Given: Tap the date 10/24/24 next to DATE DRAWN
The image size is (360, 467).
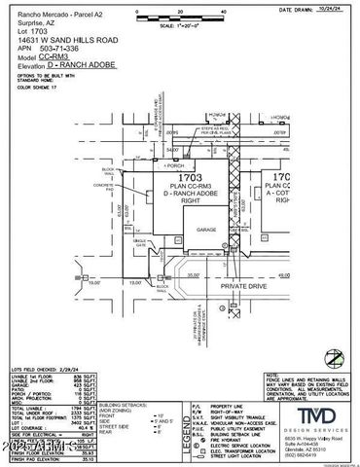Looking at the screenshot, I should coord(337,8).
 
